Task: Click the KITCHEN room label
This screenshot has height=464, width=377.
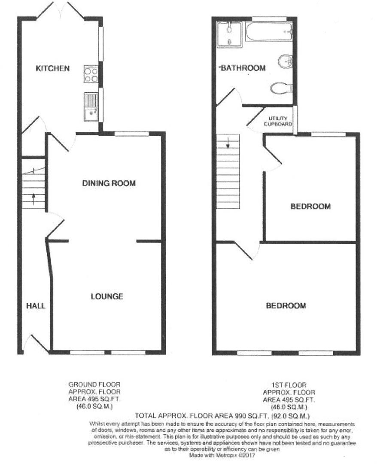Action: pos(52,68)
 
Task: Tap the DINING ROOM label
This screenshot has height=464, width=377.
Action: pos(109,183)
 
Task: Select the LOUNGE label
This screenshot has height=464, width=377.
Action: pos(107,296)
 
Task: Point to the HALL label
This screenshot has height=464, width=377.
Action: pos(36,306)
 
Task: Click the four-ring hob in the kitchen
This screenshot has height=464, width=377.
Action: pos(91,73)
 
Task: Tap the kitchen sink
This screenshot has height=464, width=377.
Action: pos(91,105)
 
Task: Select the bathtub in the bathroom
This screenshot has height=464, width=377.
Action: pos(269,31)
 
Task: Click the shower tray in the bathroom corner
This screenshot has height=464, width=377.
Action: pos(229,34)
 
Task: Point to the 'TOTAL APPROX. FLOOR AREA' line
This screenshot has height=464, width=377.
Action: pos(222,416)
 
